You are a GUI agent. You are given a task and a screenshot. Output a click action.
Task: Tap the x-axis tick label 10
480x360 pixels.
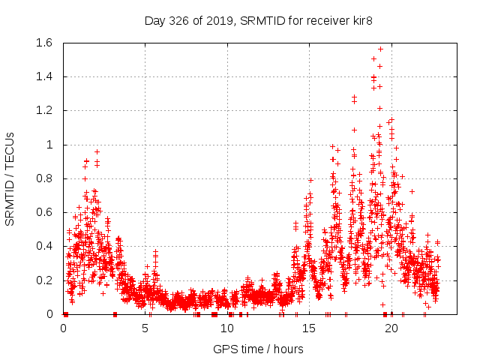tap(227, 328)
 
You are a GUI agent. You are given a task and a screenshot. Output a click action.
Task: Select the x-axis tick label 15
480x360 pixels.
tap(310, 328)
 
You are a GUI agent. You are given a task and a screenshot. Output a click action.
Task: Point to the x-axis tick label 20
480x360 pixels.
tap(391, 328)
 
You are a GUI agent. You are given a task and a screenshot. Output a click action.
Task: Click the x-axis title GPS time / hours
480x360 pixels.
tap(258, 349)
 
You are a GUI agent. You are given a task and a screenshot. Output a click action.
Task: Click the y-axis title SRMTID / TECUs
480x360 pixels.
tap(10, 178)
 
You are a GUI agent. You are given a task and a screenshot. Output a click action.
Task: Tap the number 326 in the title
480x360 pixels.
tap(179, 20)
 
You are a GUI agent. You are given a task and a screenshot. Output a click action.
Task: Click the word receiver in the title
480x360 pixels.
tap(322, 20)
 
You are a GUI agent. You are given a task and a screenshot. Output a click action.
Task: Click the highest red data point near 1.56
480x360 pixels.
tap(380, 49)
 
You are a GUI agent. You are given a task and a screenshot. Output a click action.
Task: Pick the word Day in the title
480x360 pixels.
tap(154, 20)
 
